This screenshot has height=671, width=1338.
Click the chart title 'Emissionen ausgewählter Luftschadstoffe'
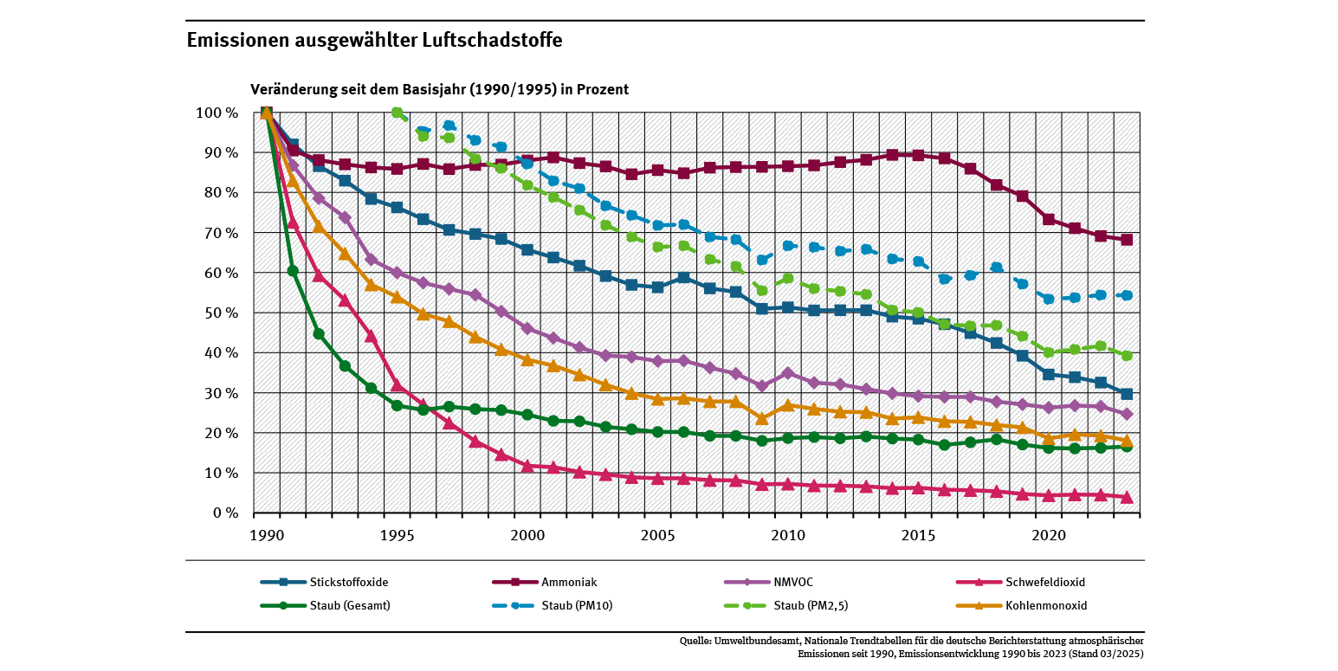pos(374,41)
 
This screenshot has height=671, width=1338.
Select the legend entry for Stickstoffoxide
pos(344,582)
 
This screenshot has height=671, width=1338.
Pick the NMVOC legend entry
pos(783,582)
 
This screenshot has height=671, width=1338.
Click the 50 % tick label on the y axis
pos(221,313)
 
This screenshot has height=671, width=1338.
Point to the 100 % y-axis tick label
pos(217,113)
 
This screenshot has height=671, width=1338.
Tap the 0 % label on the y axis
pos(225,513)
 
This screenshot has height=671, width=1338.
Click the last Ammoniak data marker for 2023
pos(1127,240)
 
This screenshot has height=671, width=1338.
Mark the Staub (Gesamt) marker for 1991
pos(293,270)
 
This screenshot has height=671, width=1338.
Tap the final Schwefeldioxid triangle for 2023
pos(1127,497)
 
